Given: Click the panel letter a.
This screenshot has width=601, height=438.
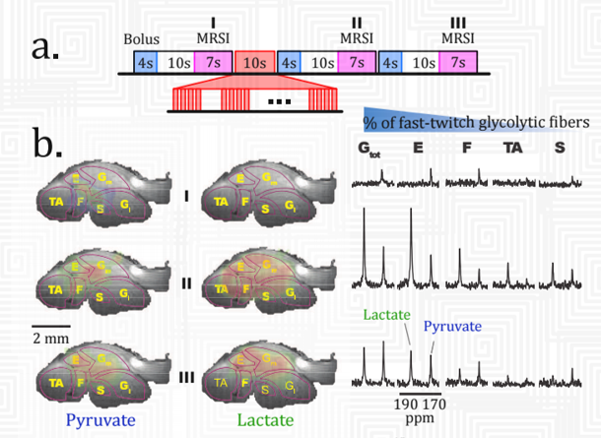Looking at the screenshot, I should pos(43,46).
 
